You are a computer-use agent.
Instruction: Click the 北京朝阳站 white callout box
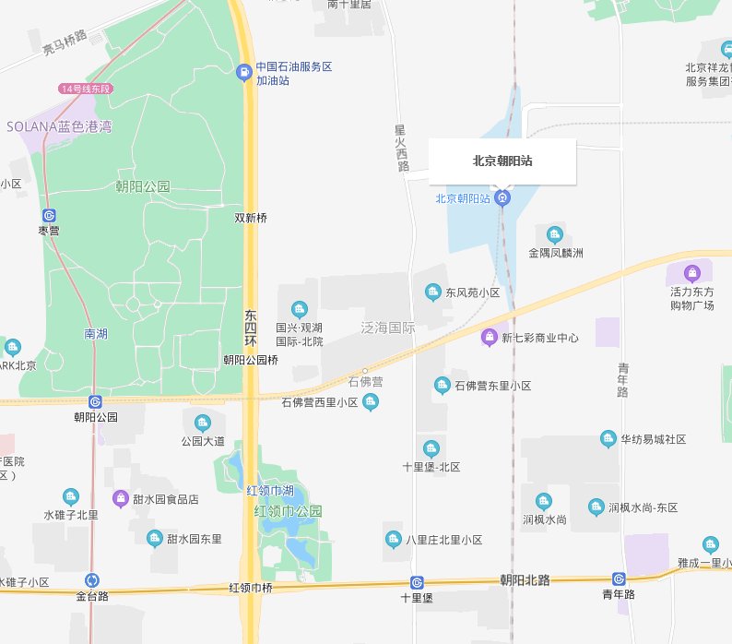point(502,161)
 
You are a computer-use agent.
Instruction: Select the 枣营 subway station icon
point(48,214)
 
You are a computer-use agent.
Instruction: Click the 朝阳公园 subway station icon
point(96,401)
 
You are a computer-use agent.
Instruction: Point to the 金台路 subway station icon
point(92,580)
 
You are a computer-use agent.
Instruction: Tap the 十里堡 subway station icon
point(417,582)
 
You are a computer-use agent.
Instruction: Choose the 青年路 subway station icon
point(619,579)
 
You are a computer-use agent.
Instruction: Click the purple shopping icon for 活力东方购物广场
point(692,273)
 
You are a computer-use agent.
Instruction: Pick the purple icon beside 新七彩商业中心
point(490,338)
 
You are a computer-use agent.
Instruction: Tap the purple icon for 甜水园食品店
point(121,498)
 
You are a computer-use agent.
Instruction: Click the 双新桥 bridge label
point(251,219)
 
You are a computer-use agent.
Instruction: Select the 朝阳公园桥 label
point(251,360)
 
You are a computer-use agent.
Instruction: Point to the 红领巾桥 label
point(251,588)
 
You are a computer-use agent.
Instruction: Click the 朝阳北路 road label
point(525,580)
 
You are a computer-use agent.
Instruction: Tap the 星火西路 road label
point(401,148)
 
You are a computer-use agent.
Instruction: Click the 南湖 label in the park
point(95,333)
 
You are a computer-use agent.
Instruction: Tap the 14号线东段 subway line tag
point(85,89)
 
